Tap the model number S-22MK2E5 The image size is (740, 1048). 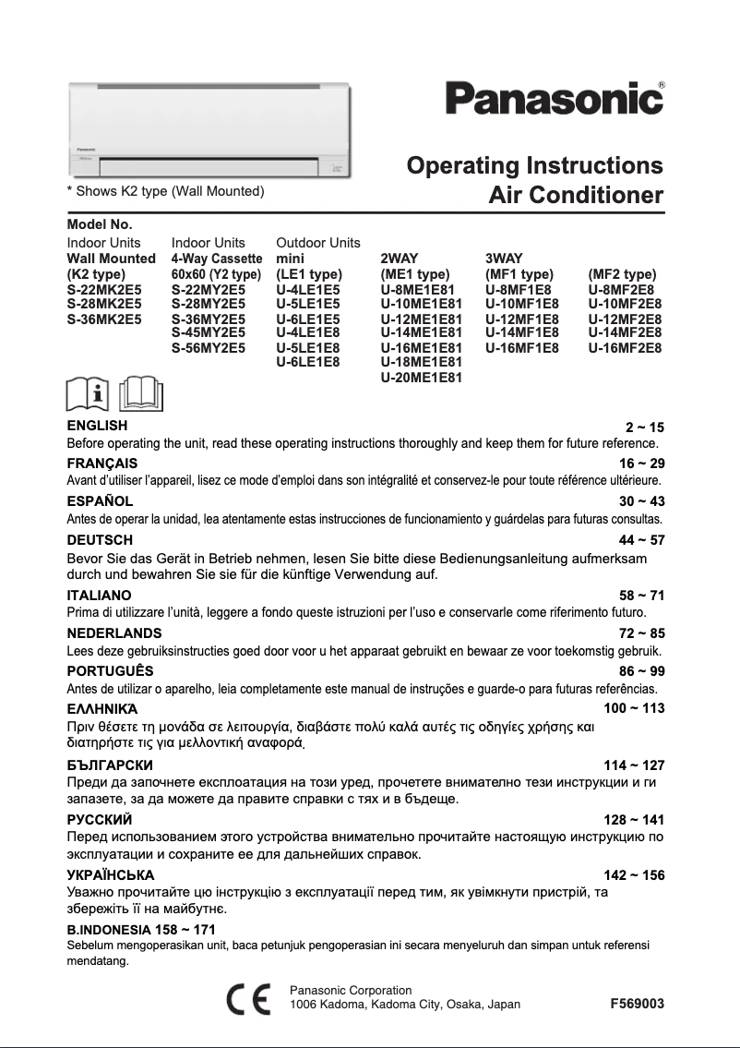(x=104, y=289)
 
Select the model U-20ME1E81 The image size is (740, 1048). (x=421, y=378)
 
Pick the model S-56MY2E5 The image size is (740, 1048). (x=209, y=348)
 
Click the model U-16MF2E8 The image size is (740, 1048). (x=625, y=348)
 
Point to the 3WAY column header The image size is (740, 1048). (x=505, y=259)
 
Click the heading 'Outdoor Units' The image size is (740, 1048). (x=318, y=243)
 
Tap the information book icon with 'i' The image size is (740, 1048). (x=89, y=395)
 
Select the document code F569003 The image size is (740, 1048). (x=638, y=1004)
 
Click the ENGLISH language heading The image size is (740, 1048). (x=98, y=426)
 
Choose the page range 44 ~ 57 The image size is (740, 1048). (x=641, y=540)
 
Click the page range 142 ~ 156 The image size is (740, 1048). (x=634, y=874)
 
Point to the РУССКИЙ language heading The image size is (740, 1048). (x=100, y=819)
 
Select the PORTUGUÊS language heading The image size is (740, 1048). (x=107, y=671)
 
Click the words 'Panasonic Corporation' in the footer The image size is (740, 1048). (x=351, y=990)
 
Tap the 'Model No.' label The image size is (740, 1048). (x=101, y=224)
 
